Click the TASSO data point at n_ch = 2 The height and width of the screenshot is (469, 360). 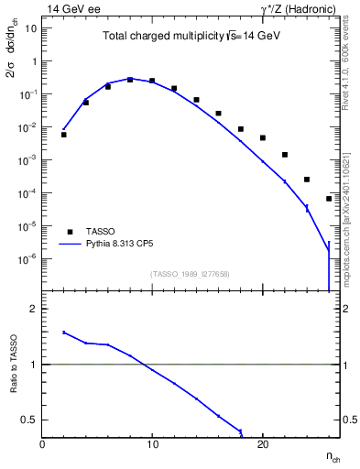64,135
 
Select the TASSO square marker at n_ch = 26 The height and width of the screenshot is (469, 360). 329,199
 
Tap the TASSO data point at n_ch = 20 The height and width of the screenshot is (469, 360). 263,138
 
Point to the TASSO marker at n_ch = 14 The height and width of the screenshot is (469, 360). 196,100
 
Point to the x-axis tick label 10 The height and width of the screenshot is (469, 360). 152,444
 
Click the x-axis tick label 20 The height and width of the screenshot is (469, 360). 263,444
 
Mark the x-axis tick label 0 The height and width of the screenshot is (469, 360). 42,444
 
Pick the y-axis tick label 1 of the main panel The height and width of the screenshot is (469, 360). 34,61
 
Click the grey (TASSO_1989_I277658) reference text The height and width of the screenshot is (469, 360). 190,274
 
